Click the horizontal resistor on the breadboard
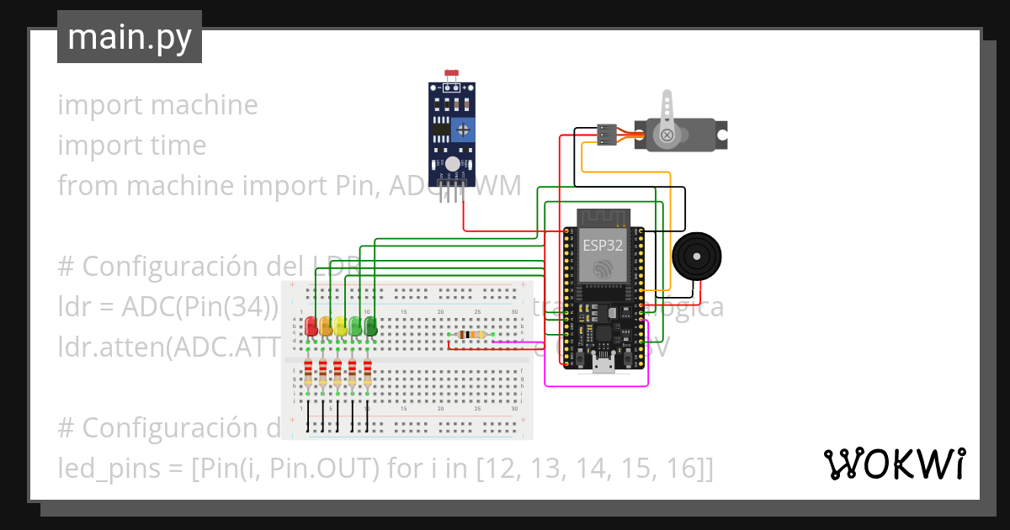click(x=469, y=335)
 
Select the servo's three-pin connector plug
click(x=606, y=134)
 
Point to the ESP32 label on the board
click(x=603, y=246)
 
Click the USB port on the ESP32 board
click(x=603, y=363)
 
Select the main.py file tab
click(x=129, y=37)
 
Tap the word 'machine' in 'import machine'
click(x=205, y=105)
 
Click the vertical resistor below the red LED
click(x=309, y=374)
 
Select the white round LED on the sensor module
click(x=453, y=164)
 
